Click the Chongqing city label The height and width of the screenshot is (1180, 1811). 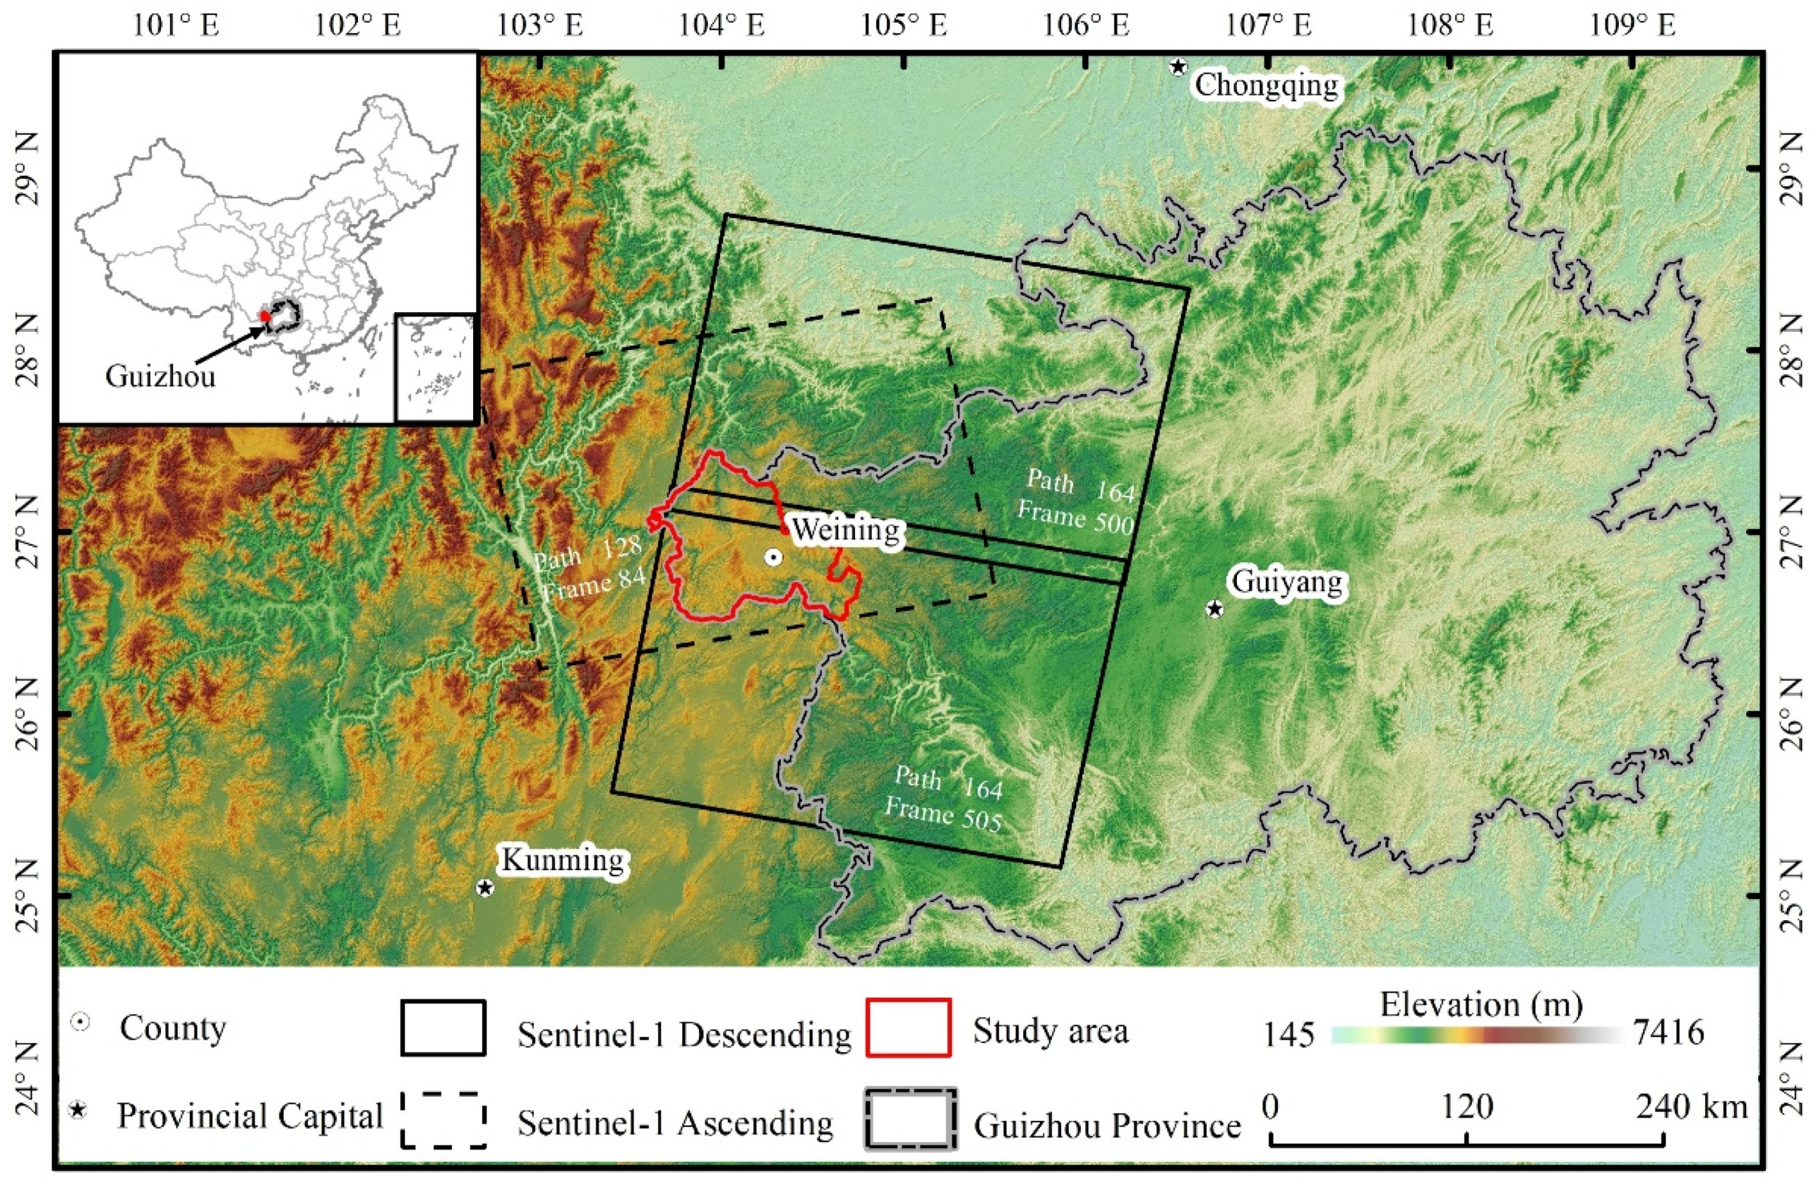pyautogui.click(x=1266, y=85)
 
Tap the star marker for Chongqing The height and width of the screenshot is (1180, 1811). pyautogui.click(x=1178, y=67)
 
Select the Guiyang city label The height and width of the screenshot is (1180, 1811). pyautogui.click(x=1286, y=583)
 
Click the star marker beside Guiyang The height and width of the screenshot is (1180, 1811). pyautogui.click(x=1214, y=609)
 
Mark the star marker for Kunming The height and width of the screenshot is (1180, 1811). pyautogui.click(x=485, y=888)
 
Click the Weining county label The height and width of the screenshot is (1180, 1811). pyautogui.click(x=846, y=529)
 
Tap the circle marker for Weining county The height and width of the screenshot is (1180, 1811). pyautogui.click(x=773, y=558)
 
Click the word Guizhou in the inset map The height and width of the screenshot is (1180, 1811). pyautogui.click(x=160, y=376)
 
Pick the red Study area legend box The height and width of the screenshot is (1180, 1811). pyautogui.click(x=909, y=1028)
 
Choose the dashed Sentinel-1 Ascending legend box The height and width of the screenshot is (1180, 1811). pyautogui.click(x=443, y=1119)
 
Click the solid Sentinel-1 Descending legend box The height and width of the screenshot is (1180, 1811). pyautogui.click(x=443, y=1028)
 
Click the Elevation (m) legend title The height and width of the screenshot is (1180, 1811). pyautogui.click(x=1481, y=1004)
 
